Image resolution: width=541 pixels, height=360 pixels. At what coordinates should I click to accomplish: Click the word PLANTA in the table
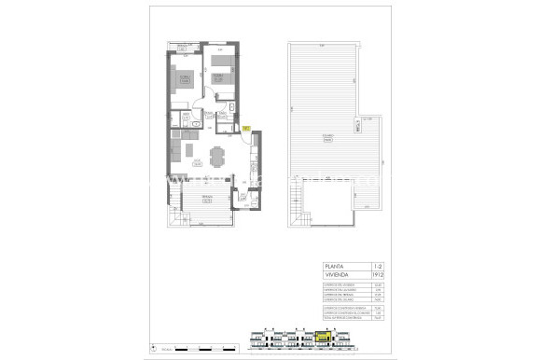(333, 266)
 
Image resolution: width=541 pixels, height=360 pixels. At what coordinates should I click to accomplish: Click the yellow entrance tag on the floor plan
(245, 128)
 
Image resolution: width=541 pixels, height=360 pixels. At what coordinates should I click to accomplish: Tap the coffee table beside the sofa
(186, 153)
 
